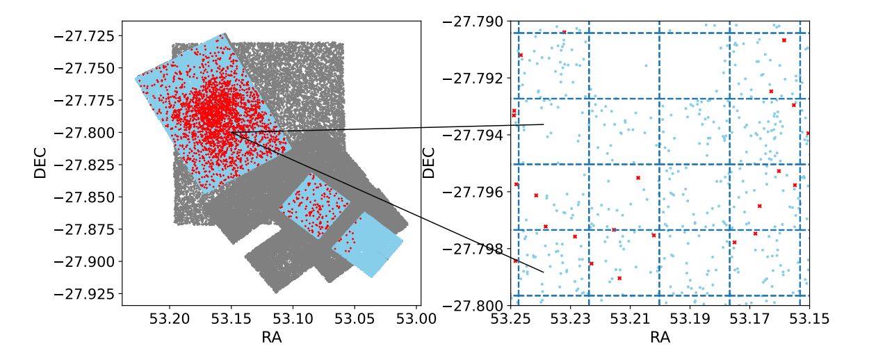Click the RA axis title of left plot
(x=271, y=338)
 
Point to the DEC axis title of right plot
(x=430, y=163)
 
